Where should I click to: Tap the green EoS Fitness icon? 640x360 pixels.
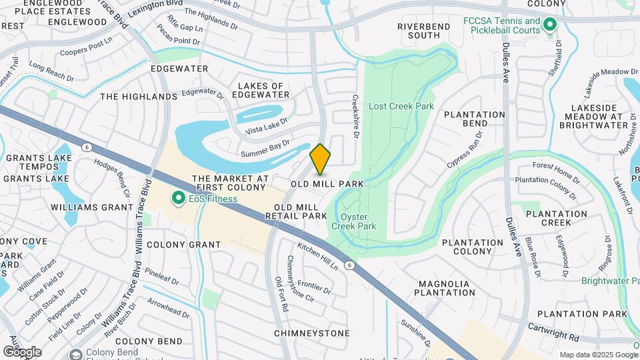pyautogui.click(x=178, y=198)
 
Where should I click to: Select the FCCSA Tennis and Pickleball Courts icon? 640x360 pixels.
pyautogui.click(x=550, y=26)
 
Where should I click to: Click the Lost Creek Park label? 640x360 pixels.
pyautogui.click(x=401, y=106)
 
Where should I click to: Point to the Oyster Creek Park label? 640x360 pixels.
pyautogui.click(x=358, y=221)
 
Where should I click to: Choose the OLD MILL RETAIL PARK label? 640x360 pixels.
pyautogui.click(x=296, y=211)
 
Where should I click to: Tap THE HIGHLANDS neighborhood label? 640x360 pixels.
pyautogui.click(x=139, y=97)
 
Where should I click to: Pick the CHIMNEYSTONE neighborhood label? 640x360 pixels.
pyautogui.click(x=311, y=333)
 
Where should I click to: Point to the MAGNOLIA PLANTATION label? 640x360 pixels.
pyautogui.click(x=444, y=288)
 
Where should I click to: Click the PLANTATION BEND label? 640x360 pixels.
pyautogui.click(x=475, y=119)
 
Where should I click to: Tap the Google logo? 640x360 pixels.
pyautogui.click(x=21, y=351)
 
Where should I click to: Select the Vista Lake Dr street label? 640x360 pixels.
pyautogui.click(x=266, y=125)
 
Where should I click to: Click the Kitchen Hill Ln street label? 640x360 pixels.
pyautogui.click(x=318, y=256)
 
